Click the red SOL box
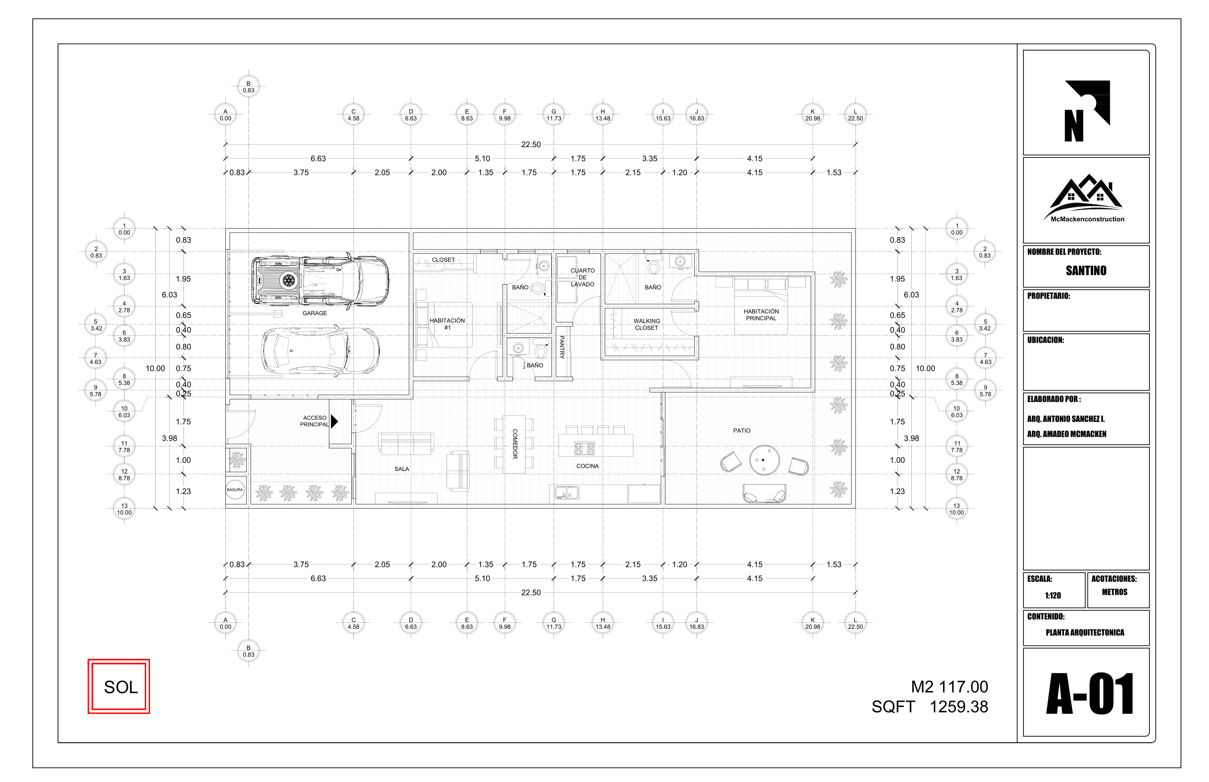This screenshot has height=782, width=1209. pyautogui.click(x=119, y=686)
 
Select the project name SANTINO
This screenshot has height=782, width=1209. pyautogui.click(x=1086, y=271)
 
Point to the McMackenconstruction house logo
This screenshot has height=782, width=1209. pyautogui.click(x=1087, y=198)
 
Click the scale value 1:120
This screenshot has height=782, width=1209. pyautogui.click(x=1053, y=595)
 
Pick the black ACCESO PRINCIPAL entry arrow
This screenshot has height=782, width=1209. pyautogui.click(x=334, y=421)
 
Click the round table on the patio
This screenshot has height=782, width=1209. pyautogui.click(x=764, y=460)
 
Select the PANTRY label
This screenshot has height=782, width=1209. pyautogui.click(x=562, y=347)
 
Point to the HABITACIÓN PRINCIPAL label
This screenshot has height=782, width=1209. pyautogui.click(x=761, y=315)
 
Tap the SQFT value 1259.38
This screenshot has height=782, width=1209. pyautogui.click(x=959, y=707)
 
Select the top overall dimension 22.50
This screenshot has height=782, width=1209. pyautogui.click(x=531, y=145)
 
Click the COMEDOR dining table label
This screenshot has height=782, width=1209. pyautogui.click(x=515, y=444)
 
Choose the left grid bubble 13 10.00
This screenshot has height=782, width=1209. pyautogui.click(x=124, y=509)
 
